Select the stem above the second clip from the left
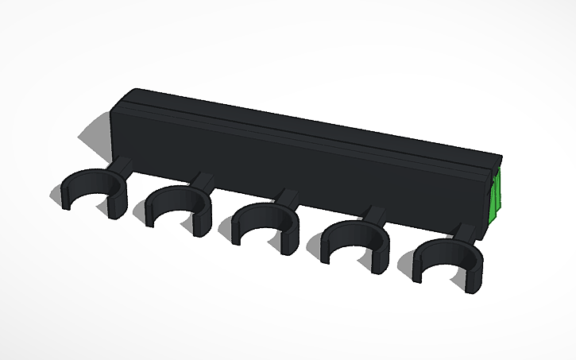point(203,180)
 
